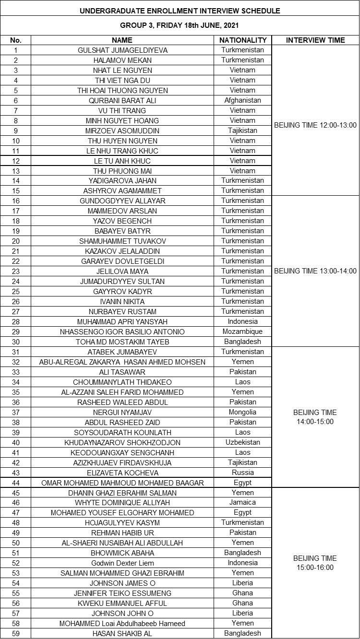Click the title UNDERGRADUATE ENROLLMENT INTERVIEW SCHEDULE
coord(180,11)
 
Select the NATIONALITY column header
coord(243,40)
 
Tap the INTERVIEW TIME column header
coord(315,40)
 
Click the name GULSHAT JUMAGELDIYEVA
coord(123,50)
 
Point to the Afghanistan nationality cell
coord(243,101)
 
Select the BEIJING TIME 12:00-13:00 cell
coord(315,125)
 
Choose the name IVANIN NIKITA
coord(123,302)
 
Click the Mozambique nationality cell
coord(243,332)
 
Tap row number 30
coord(16,342)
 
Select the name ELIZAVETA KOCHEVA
coord(123,473)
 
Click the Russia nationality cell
coord(243,473)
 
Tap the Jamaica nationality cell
coord(243,503)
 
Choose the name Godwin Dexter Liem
coord(123,563)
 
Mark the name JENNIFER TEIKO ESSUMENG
coord(123,593)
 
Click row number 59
coord(16,634)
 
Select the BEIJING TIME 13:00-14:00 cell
coord(315,271)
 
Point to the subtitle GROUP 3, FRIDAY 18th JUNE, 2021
coord(180,25)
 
